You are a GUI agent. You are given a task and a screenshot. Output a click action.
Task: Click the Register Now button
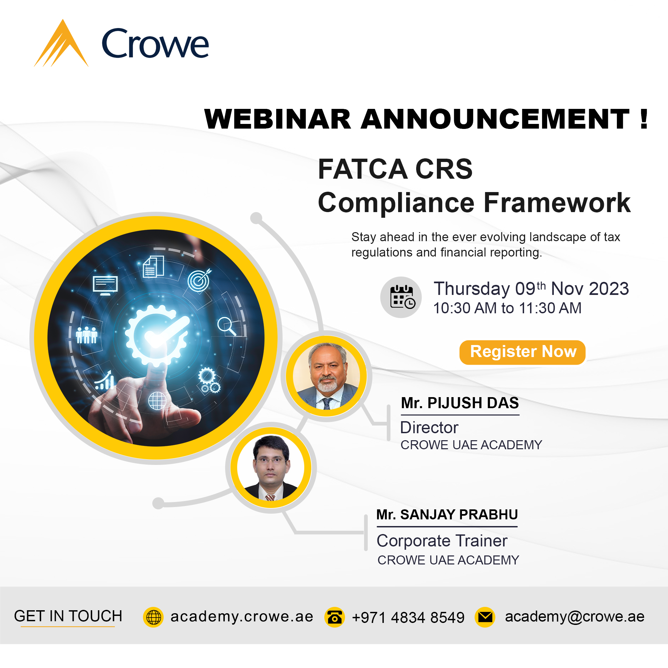(x=522, y=352)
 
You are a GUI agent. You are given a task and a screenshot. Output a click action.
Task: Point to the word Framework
(x=557, y=203)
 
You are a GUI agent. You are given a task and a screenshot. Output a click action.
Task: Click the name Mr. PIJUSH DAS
(x=460, y=403)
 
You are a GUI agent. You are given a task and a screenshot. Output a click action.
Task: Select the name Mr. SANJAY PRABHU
(x=447, y=514)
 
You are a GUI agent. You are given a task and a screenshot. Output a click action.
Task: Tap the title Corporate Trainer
(x=442, y=541)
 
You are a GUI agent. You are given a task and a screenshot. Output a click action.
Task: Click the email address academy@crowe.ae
(x=574, y=617)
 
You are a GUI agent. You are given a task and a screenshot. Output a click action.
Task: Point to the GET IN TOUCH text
(x=68, y=616)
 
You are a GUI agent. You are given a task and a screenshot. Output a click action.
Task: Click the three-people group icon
(x=87, y=335)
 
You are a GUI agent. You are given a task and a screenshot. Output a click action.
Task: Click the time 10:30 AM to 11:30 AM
(x=507, y=308)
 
